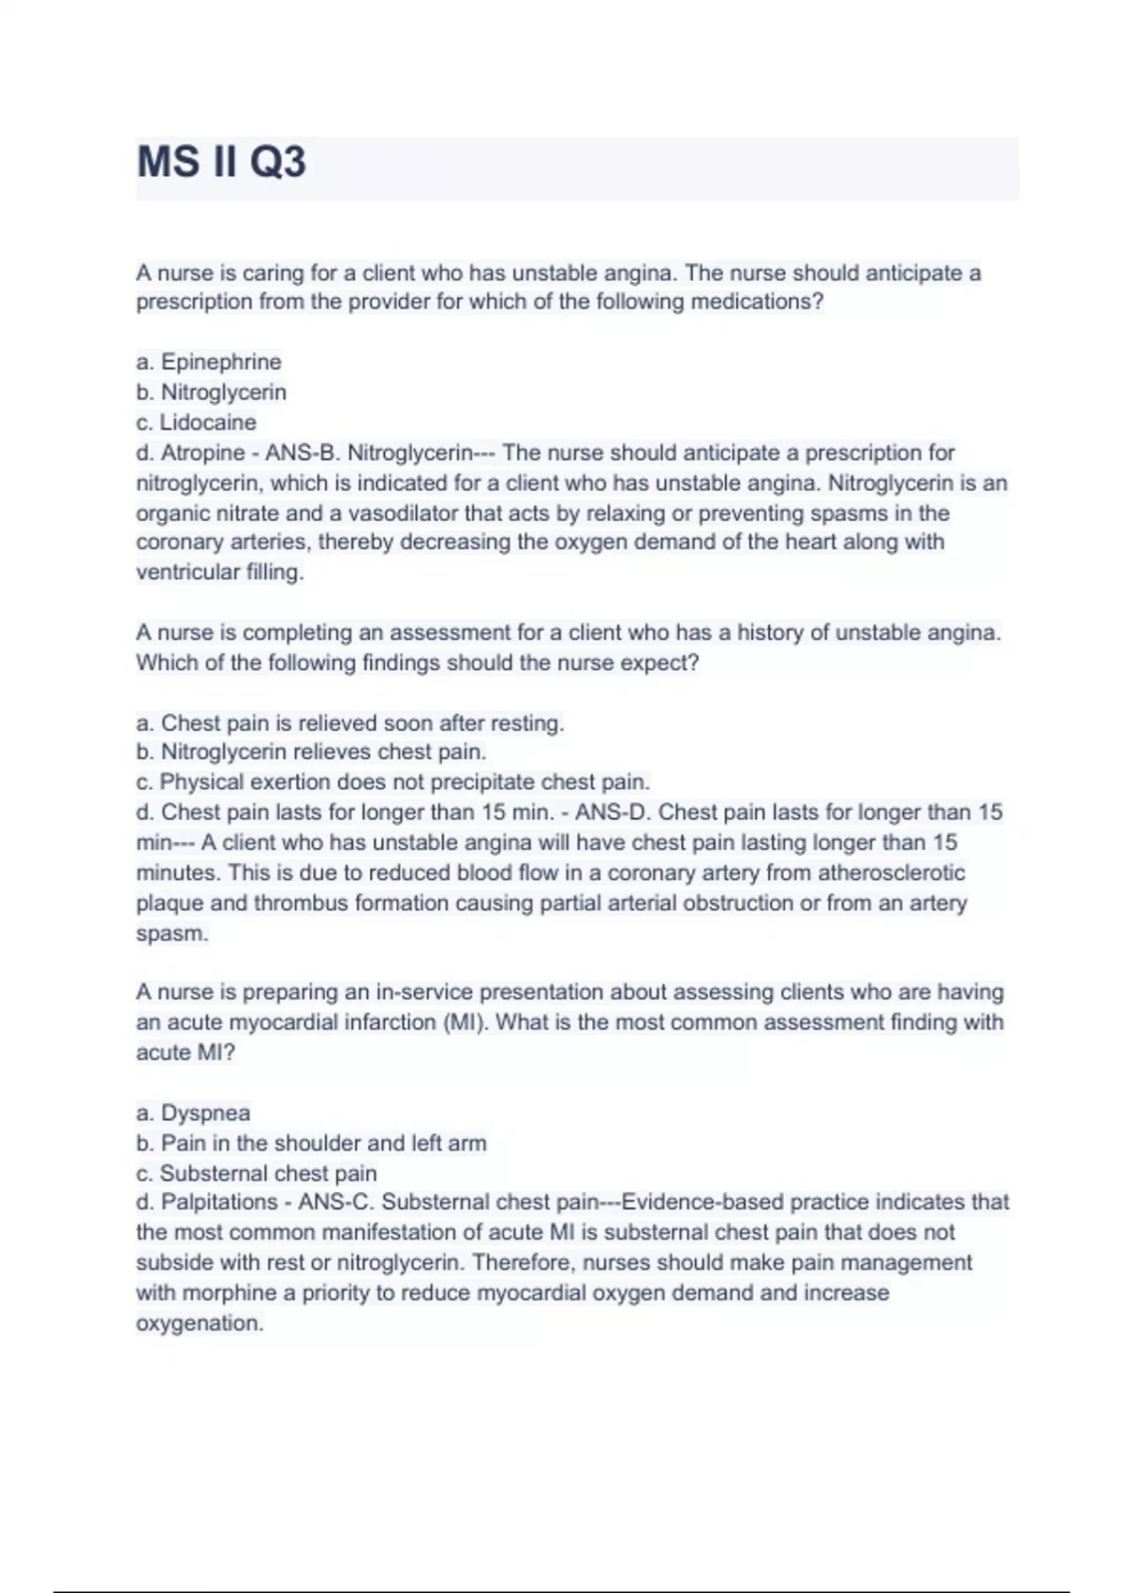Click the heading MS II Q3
(221, 162)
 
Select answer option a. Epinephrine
(209, 362)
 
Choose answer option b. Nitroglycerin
(212, 392)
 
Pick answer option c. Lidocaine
(196, 422)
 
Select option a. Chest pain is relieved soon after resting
(350, 722)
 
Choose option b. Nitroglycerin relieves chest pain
(312, 752)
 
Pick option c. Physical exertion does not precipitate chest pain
(393, 782)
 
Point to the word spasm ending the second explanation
(170, 933)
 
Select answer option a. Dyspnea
(194, 1112)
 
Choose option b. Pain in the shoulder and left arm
(312, 1142)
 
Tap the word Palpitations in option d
(219, 1201)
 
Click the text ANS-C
(335, 1201)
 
